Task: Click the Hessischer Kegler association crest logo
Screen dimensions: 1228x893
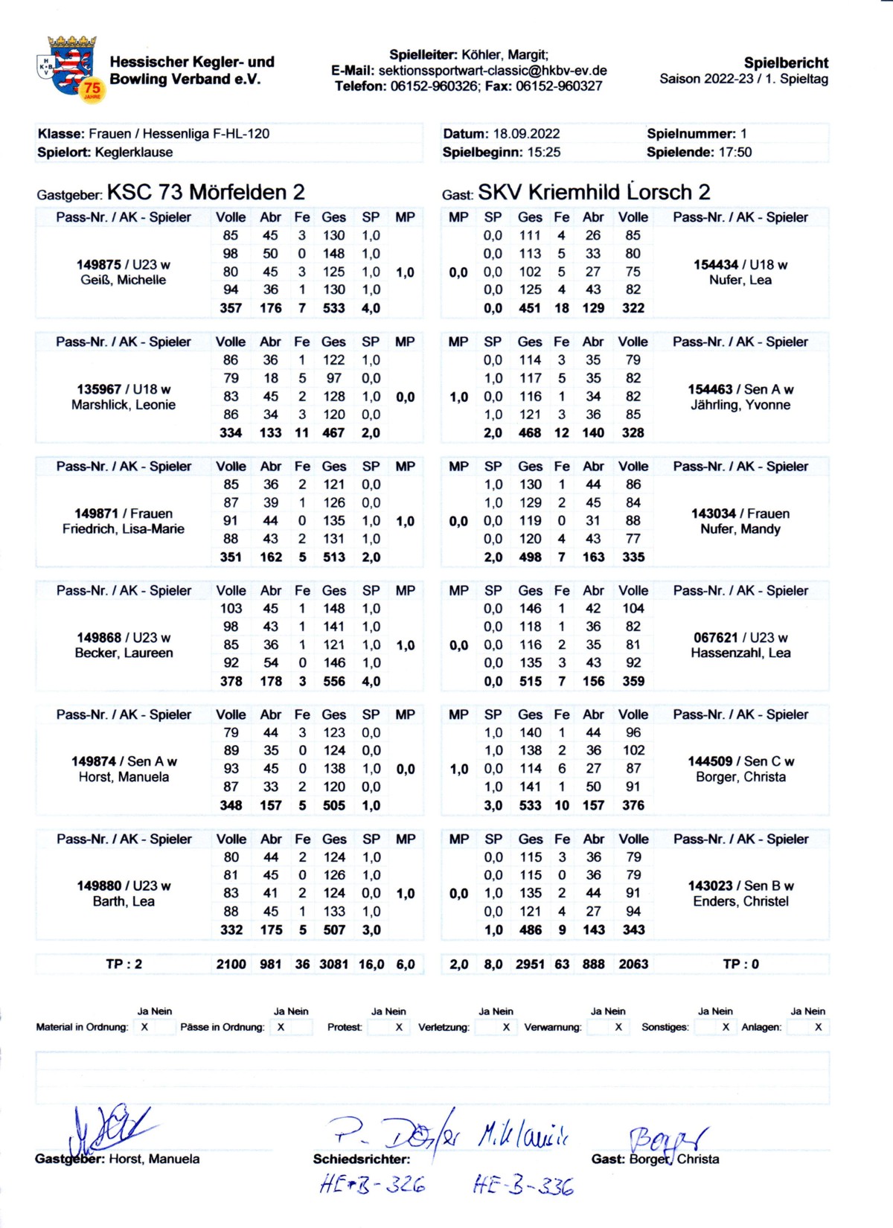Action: (x=71, y=67)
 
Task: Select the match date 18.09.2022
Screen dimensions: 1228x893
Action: (x=526, y=134)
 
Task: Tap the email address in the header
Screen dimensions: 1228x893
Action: (x=493, y=71)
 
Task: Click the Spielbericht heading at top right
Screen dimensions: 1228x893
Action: (x=786, y=63)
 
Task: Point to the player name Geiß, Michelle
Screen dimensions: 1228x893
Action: (x=124, y=281)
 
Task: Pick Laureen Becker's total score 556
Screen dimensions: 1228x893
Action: (x=334, y=681)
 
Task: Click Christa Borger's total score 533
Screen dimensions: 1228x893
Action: (x=530, y=805)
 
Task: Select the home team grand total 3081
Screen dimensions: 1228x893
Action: (x=333, y=965)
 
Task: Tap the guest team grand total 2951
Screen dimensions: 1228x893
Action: (x=530, y=965)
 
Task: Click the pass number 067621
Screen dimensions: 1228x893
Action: (x=715, y=638)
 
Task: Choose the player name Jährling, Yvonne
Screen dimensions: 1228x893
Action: (x=740, y=405)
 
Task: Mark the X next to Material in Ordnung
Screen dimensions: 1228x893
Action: (x=144, y=1027)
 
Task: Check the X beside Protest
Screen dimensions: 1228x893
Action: (x=399, y=1027)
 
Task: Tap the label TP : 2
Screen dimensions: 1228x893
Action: (x=124, y=965)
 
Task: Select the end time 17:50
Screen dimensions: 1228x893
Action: (x=734, y=153)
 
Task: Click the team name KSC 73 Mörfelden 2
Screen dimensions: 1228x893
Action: (x=205, y=193)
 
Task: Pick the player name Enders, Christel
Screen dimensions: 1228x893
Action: (x=740, y=901)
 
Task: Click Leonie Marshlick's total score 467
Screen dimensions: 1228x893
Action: (x=333, y=433)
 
